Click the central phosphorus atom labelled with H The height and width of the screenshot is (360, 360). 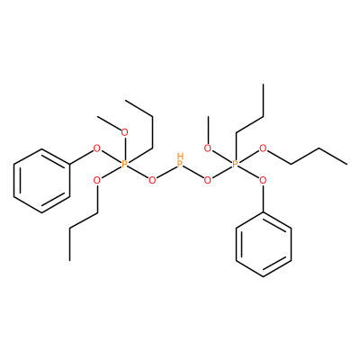pos(180,164)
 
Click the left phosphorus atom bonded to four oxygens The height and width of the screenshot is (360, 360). pos(124,164)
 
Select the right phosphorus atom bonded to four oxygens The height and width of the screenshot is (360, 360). pos(235,164)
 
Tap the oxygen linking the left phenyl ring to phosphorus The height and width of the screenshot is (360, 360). pos(96,148)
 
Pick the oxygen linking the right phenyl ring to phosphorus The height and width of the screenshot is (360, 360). pos(263,180)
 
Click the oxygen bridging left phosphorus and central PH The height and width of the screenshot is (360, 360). pos(152,180)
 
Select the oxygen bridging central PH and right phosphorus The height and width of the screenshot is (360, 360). pos(207,180)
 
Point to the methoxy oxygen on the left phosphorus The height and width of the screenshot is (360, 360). pos(124,132)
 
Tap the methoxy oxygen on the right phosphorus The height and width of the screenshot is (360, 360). pos(207,148)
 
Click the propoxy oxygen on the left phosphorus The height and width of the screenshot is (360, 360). pos(96,180)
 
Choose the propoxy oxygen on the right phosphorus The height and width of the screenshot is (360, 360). pos(263,148)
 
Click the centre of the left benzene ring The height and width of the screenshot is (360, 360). pos(41,181)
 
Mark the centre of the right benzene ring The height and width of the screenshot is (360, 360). pos(263,245)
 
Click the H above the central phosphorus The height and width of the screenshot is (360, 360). pos(180,156)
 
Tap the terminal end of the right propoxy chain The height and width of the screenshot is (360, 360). pos(347,164)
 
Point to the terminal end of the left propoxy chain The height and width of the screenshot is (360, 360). pos(70,260)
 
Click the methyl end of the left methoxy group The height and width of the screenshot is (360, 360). pos(98,116)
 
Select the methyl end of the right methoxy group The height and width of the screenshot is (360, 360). pos(208,116)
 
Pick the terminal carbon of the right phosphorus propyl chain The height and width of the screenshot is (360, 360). pos(263,85)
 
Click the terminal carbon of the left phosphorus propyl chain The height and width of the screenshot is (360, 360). pos(125,101)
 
